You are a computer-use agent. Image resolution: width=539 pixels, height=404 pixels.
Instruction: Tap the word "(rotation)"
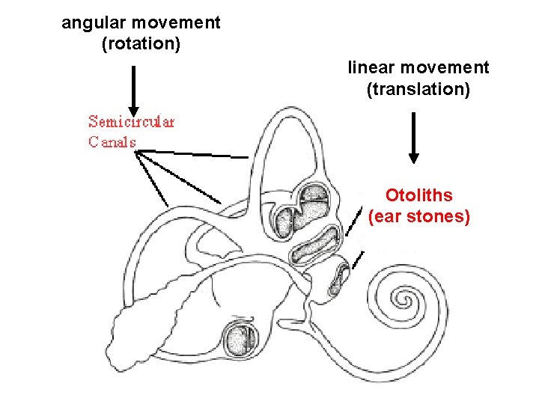(141, 44)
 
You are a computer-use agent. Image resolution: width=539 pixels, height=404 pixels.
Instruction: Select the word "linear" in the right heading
(371, 68)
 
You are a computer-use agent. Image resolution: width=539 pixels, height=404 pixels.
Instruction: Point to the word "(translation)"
(418, 90)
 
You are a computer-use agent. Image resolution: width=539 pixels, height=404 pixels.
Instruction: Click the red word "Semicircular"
(131, 121)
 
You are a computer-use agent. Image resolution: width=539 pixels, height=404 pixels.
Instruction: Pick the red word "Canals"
(112, 141)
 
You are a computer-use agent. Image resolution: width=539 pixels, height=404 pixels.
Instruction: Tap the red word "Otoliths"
(418, 195)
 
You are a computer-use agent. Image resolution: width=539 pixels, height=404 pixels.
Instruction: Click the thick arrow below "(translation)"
(413, 138)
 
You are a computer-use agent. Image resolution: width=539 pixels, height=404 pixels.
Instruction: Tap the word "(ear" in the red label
(386, 217)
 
